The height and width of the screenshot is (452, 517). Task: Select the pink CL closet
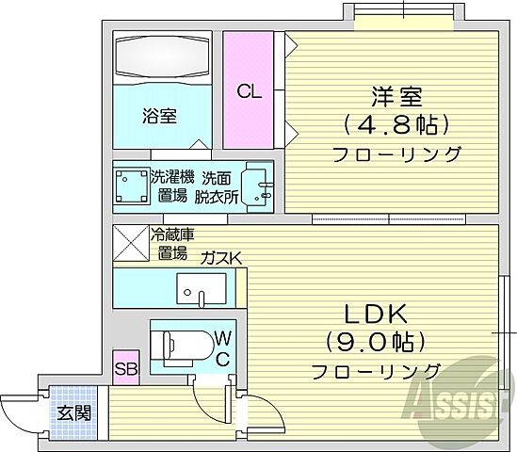tap(249, 90)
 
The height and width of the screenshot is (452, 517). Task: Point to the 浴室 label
tap(159, 117)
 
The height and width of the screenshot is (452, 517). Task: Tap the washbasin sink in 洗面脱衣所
tap(255, 185)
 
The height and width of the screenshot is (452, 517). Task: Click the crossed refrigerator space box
tap(129, 242)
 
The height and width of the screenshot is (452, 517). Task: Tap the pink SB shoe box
tap(126, 368)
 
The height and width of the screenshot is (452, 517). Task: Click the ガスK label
tap(220, 256)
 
